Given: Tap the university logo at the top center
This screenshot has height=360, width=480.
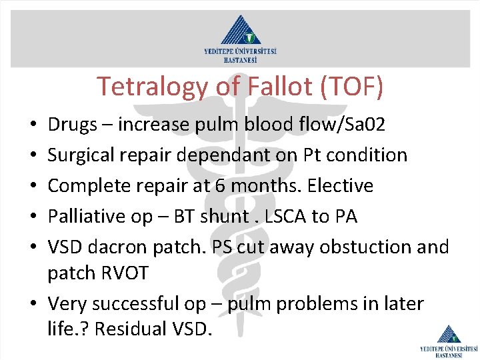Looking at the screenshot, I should (240, 38).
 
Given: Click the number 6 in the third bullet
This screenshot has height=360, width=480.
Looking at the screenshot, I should (216, 186).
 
